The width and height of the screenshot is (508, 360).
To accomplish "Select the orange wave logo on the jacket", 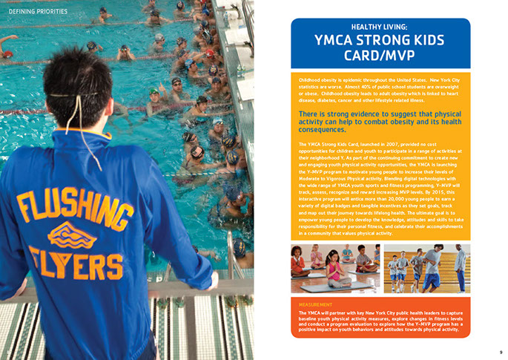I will pos(71,235).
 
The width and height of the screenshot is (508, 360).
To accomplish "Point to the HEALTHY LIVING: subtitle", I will pos(379,27).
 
